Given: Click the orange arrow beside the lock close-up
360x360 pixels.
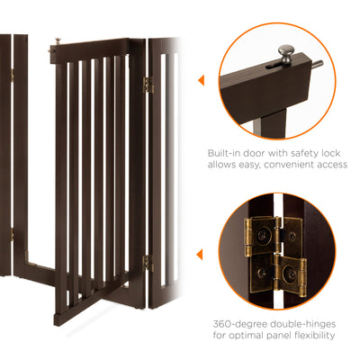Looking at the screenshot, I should coord(200,81).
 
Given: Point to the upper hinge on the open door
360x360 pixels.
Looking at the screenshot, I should coord(148,85).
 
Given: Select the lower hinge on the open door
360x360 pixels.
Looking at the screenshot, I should coord(147,263).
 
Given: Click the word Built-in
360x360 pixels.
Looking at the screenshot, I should coord(224,154).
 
